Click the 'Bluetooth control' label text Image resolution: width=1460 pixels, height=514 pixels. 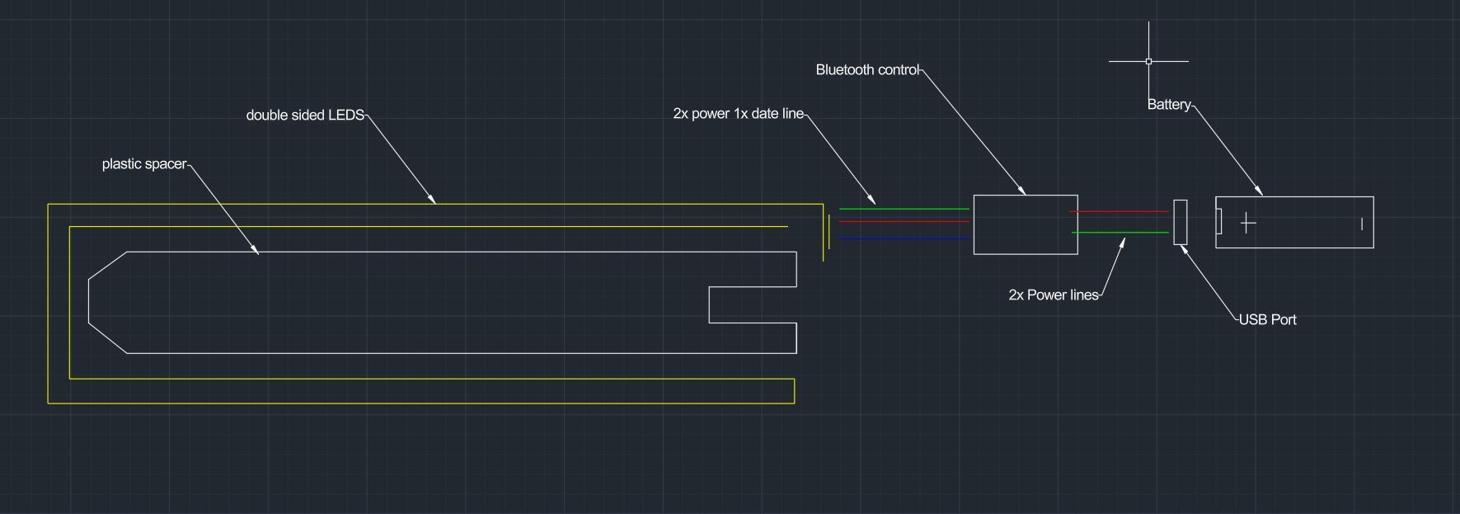(x=867, y=70)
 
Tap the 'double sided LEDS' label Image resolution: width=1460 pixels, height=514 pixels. (x=305, y=116)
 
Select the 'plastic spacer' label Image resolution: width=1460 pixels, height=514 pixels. (x=144, y=164)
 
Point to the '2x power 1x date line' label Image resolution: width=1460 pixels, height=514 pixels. (x=738, y=114)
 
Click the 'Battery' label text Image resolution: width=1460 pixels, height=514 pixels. (x=1169, y=105)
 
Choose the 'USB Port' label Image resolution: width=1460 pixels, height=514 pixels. (x=1268, y=320)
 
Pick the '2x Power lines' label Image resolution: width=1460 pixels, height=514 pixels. (x=1054, y=295)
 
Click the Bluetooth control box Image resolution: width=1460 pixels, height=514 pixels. (x=1026, y=196)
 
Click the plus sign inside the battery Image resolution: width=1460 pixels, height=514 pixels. (x=1248, y=223)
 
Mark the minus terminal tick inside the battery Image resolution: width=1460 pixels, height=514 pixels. (x=1362, y=224)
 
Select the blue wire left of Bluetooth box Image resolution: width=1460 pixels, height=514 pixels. (x=904, y=238)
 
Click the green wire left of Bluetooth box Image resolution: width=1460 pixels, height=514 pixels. (x=904, y=210)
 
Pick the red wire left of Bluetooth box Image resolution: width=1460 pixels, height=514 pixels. (x=904, y=221)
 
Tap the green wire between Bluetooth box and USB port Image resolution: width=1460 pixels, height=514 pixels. (x=1120, y=233)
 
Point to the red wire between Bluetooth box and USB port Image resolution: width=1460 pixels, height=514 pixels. (x=1120, y=212)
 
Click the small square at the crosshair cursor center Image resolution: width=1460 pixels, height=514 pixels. (x=1148, y=61)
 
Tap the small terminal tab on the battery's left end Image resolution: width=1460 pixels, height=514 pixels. (x=1218, y=222)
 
